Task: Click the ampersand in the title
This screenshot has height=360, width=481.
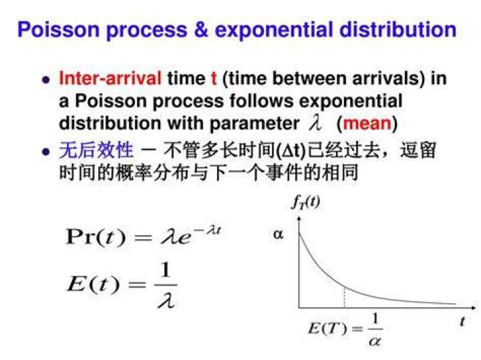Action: (x=200, y=29)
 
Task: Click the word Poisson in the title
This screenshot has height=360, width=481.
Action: (x=59, y=29)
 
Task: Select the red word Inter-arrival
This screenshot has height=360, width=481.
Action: (x=110, y=78)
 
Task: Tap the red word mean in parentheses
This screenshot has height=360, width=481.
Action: (x=367, y=124)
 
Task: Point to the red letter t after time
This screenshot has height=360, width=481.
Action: (x=214, y=78)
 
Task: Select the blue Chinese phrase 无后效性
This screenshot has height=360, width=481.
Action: (x=96, y=150)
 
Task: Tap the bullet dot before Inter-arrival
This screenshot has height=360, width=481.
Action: (x=45, y=80)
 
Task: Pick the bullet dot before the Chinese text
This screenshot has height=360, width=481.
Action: (x=45, y=152)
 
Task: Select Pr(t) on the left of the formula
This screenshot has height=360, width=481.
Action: (x=96, y=236)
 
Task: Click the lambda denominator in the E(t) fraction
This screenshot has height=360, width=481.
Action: (x=166, y=300)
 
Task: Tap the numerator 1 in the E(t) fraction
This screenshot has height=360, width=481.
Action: (x=166, y=270)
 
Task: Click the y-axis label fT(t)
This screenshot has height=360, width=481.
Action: (x=305, y=202)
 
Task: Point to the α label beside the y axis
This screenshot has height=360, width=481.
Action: (x=278, y=234)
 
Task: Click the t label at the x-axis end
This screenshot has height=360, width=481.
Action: (x=462, y=321)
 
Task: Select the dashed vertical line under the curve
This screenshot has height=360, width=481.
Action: (x=345, y=297)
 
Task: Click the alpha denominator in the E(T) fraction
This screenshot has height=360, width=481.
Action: (x=375, y=341)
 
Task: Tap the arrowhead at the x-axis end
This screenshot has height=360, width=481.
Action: (x=474, y=307)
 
